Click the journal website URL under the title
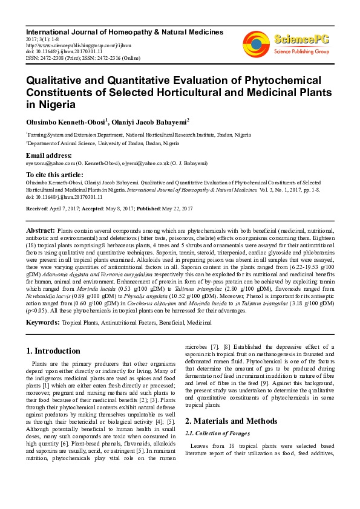click(x=68, y=44)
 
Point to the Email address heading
click(x=49, y=155)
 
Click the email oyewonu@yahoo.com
click(x=50, y=163)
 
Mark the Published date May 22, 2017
click(x=174, y=209)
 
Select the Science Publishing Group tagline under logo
click(x=301, y=52)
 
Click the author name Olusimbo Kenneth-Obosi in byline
click(x=66, y=122)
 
